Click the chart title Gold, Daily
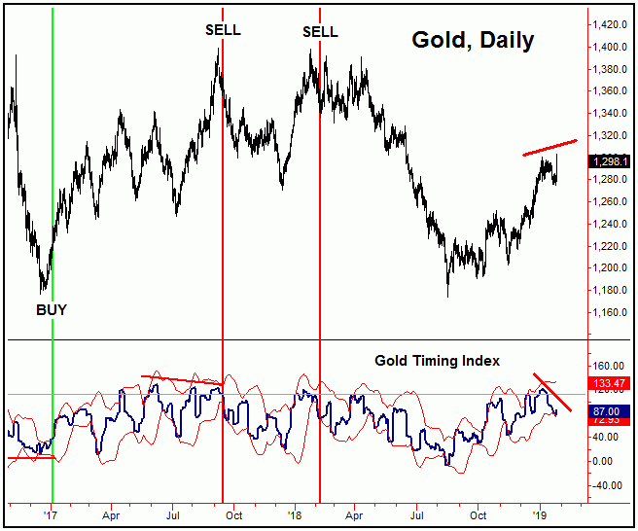(472, 41)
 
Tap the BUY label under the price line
(52, 310)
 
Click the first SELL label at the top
(223, 30)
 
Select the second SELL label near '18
(320, 32)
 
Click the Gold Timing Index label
(437, 361)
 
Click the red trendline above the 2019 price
(549, 148)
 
